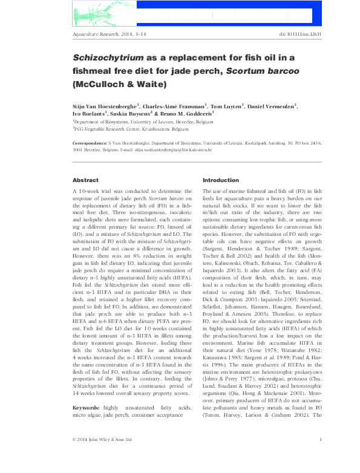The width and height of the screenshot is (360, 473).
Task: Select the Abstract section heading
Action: pos(85,180)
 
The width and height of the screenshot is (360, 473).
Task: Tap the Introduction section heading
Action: pos(221,180)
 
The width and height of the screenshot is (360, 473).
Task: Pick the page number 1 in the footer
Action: pos(319,455)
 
